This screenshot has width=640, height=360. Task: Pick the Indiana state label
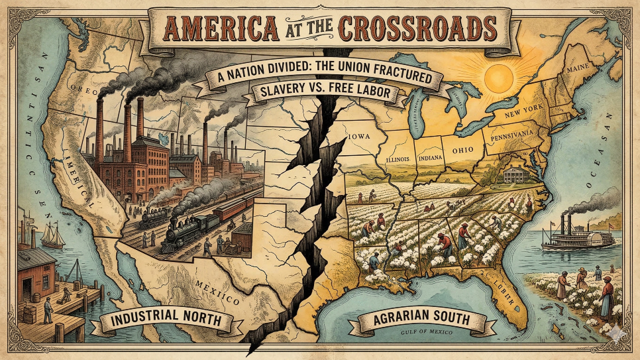pyautogui.click(x=431, y=158)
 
